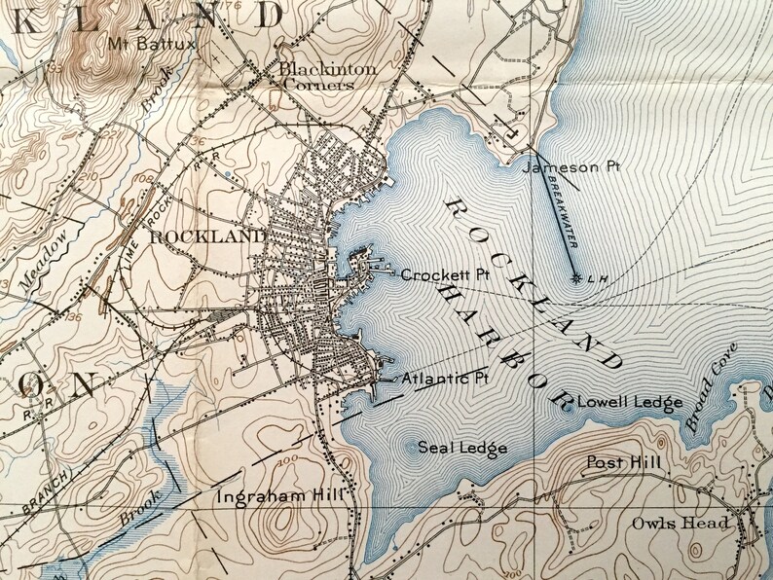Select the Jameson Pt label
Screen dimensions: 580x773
pyautogui.click(x=571, y=167)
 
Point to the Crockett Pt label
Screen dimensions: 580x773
pyautogui.click(x=443, y=275)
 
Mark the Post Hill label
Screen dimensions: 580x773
pyautogui.click(x=623, y=462)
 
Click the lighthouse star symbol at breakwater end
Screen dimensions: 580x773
pyautogui.click(x=577, y=279)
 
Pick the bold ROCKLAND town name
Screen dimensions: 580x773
pyautogui.click(x=208, y=236)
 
